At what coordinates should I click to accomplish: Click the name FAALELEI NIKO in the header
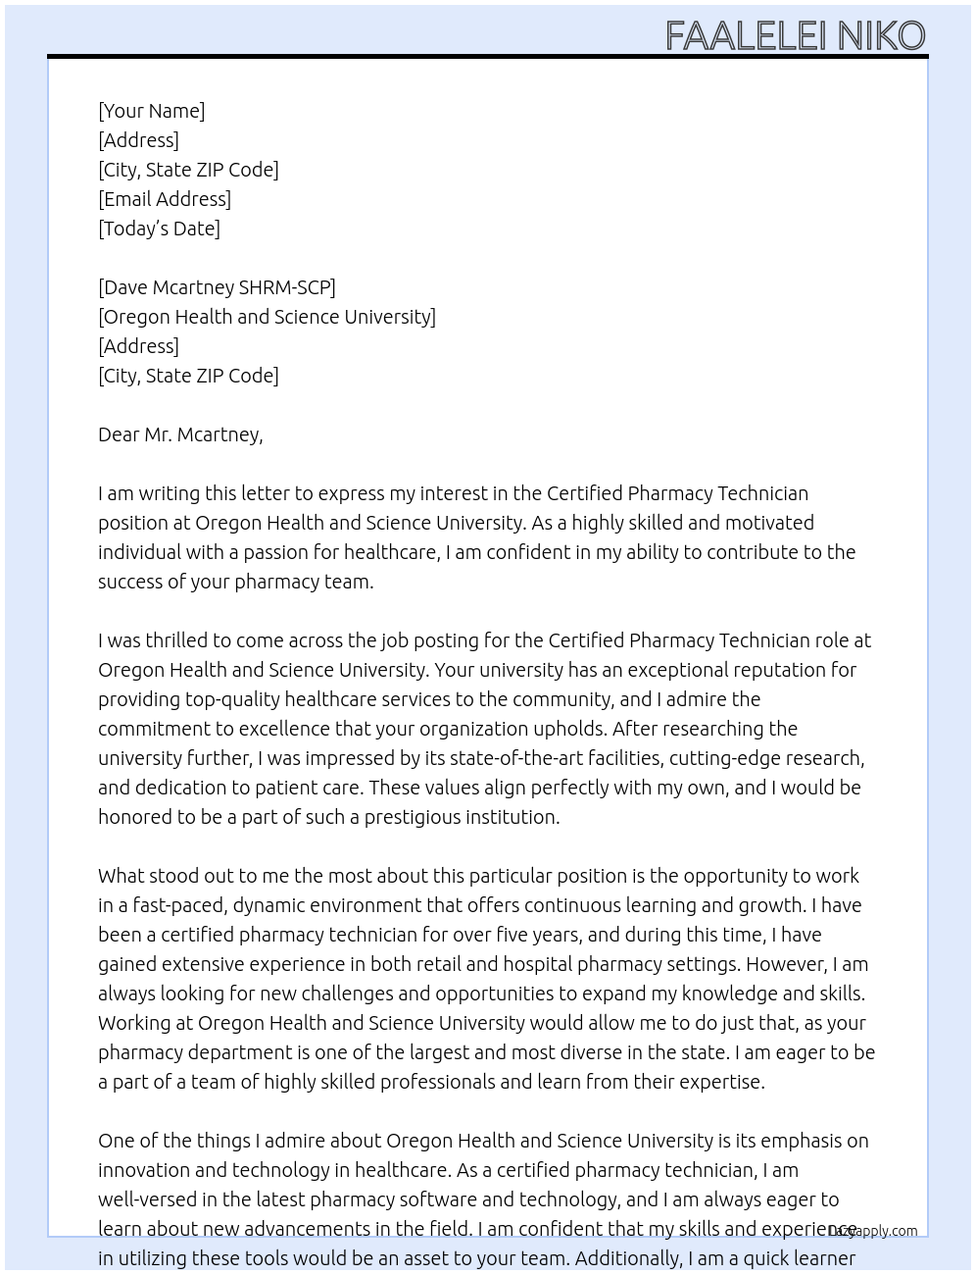pos(795,36)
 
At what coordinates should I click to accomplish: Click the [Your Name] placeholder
pos(151,111)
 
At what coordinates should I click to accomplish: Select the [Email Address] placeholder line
pos(165,199)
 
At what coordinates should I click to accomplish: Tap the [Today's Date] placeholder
pos(159,229)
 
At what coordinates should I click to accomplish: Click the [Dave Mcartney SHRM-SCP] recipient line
pos(217,287)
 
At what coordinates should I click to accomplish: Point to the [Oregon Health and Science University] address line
pos(267,317)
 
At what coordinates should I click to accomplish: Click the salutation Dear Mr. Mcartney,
pos(180,434)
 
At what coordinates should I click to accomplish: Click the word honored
pos(135,817)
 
